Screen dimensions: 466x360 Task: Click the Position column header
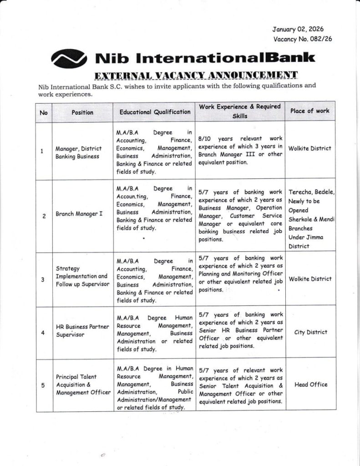82,112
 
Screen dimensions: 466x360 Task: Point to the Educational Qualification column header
155,111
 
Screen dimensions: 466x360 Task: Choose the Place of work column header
309,111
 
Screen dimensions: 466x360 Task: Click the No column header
44,112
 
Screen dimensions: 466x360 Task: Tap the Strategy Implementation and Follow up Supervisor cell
81,276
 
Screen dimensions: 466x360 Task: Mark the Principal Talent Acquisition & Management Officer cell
83,385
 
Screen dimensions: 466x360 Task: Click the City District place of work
310,332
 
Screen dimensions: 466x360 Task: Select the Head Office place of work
311,385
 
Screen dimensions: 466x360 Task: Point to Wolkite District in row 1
310,149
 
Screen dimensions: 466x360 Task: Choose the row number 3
43,280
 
